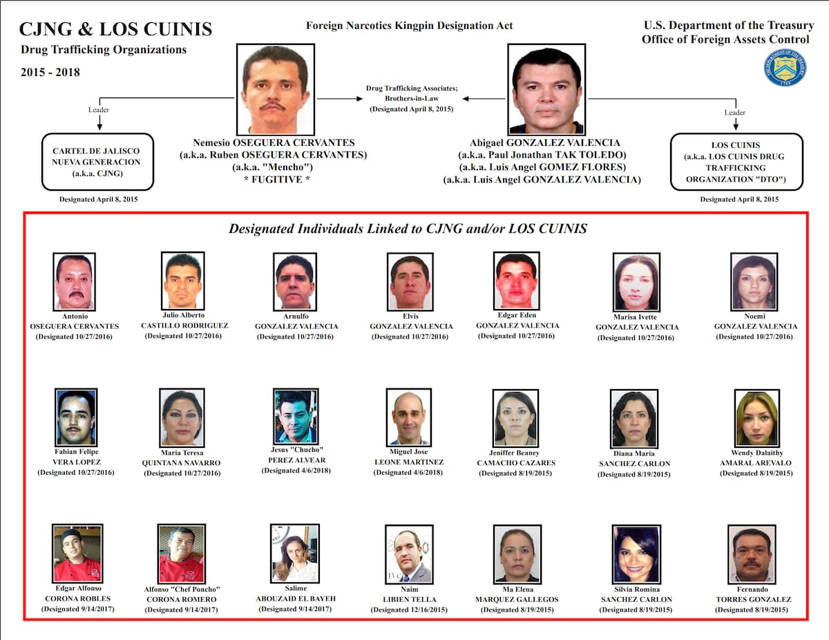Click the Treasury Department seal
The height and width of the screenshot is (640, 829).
[785, 67]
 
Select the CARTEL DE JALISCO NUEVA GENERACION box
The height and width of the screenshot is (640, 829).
[97, 162]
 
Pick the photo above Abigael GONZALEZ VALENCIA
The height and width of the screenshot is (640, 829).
[546, 88]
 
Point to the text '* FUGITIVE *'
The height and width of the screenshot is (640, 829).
[274, 180]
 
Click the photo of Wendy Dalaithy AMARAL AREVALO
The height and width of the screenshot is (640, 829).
[756, 418]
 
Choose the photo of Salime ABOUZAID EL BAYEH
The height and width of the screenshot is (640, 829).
[295, 554]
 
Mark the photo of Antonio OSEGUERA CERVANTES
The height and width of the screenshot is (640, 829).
[74, 281]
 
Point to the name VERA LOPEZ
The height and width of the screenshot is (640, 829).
[75, 462]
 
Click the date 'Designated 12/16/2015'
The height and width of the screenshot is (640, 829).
[408, 610]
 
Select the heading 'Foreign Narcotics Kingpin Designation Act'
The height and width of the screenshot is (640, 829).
[410, 26]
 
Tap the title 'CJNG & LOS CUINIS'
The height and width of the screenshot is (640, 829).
[115, 29]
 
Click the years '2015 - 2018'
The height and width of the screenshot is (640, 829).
[50, 72]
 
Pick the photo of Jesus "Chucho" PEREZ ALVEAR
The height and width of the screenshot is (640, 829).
[296, 416]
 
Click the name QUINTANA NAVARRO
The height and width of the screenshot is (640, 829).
[181, 462]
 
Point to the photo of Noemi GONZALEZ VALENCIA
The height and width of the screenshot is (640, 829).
[754, 281]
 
